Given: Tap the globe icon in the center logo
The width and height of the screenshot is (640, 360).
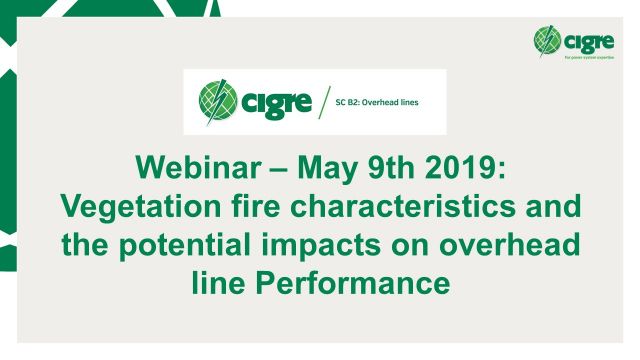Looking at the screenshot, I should (x=221, y=102).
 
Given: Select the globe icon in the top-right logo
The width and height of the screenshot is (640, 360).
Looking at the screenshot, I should (x=548, y=39).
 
